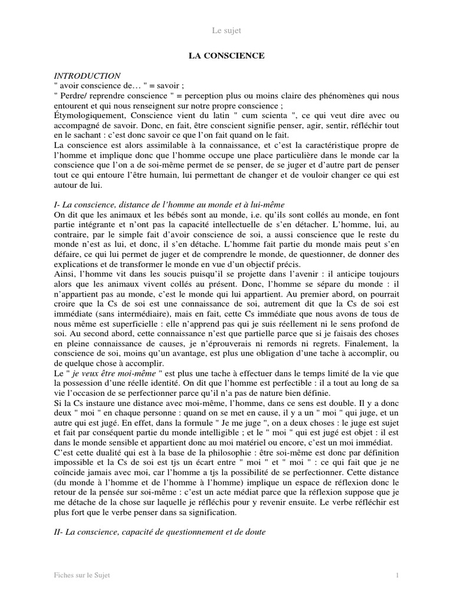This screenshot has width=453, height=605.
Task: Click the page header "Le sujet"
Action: pos(226,30)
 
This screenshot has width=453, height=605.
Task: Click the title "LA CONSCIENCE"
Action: pos(226,56)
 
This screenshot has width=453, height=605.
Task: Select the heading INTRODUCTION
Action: pos(87,76)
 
